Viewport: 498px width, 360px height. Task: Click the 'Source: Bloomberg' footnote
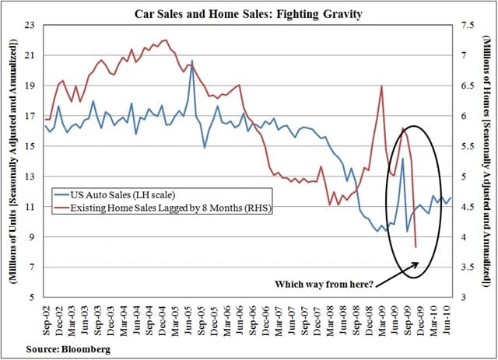[67, 349]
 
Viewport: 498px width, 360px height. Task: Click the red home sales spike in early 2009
[381, 86]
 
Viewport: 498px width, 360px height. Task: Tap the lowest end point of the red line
[416, 247]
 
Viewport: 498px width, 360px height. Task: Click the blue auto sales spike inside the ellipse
[402, 159]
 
